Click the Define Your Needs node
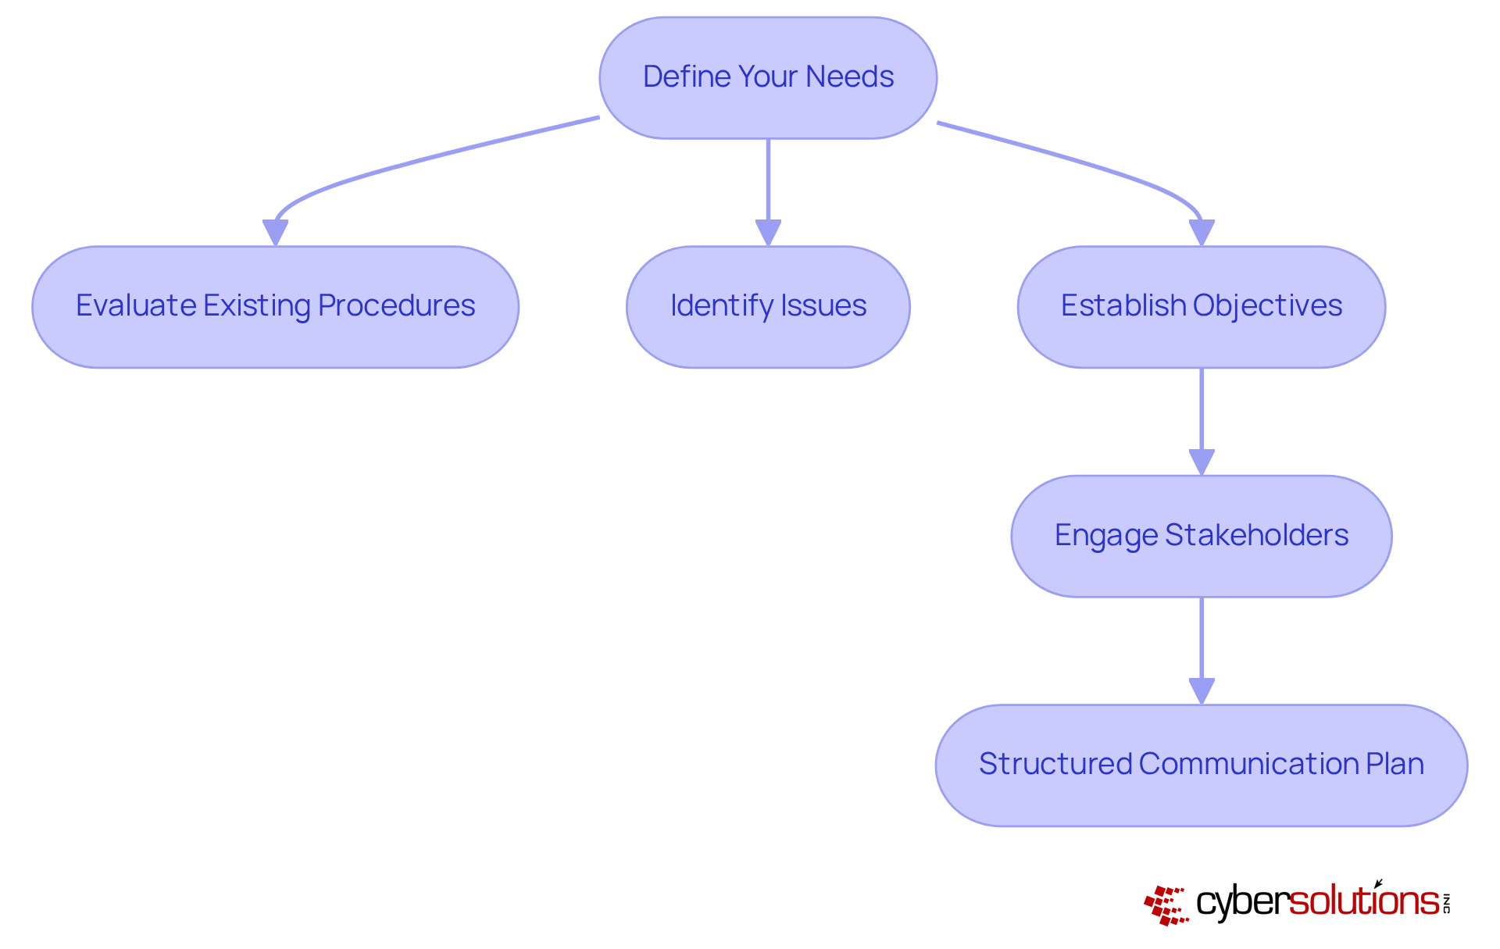tap(768, 78)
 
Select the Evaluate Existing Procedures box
tap(275, 307)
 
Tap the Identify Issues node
tap(768, 307)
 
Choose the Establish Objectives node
tap(1201, 307)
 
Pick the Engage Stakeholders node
tap(1201, 537)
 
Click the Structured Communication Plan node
tap(1201, 765)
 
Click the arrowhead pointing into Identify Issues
tap(768, 233)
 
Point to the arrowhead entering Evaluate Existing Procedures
tap(275, 233)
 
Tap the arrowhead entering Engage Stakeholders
tap(1202, 462)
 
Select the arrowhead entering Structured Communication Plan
tap(1202, 691)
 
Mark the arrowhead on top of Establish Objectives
tap(1202, 233)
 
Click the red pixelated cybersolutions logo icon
tap(1166, 905)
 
